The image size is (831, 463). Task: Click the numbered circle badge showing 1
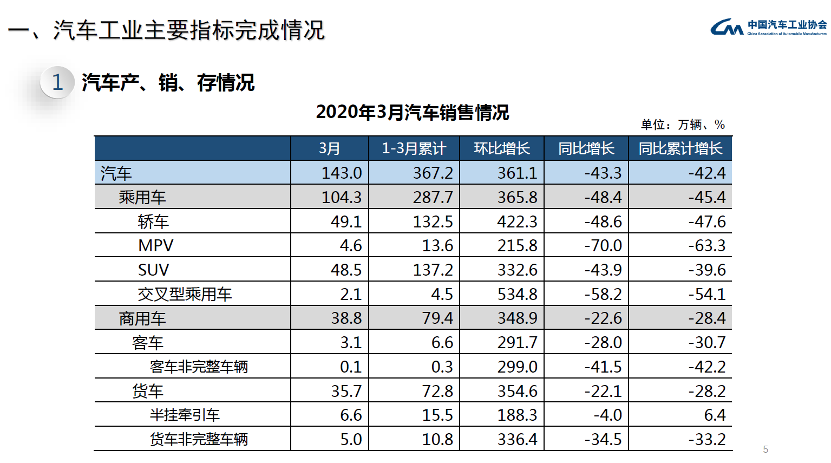click(57, 82)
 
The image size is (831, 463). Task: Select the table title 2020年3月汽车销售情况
click(412, 112)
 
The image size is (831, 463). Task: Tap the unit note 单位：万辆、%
click(682, 125)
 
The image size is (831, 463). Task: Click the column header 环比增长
click(501, 148)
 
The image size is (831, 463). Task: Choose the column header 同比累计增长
click(680, 148)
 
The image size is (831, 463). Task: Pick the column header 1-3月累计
click(414, 148)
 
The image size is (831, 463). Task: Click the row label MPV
click(155, 245)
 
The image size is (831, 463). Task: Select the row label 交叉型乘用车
click(185, 294)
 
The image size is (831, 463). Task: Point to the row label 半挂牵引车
click(185, 415)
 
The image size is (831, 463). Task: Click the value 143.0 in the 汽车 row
click(342, 173)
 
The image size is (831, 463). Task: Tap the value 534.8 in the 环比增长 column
click(517, 294)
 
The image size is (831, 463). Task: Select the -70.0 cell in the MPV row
click(603, 245)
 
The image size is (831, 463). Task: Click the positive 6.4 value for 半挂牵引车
click(715, 415)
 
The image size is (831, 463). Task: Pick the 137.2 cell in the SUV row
click(433, 270)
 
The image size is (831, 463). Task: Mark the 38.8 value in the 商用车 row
click(346, 318)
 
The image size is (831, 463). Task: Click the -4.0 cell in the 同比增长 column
click(607, 415)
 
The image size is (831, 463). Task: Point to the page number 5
click(765, 449)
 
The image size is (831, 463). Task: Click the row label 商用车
click(142, 318)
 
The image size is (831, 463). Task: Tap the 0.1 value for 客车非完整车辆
click(350, 367)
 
